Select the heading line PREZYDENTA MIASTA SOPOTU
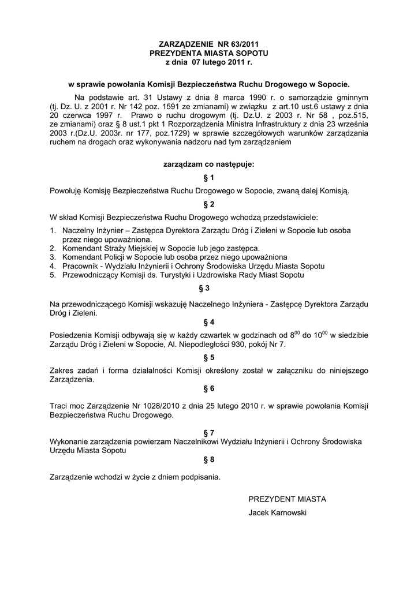(x=209, y=52)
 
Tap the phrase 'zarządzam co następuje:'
(x=209, y=164)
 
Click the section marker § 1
(x=209, y=178)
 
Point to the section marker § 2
(x=209, y=204)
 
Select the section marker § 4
(x=209, y=322)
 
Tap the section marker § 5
(x=209, y=358)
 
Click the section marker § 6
(x=209, y=389)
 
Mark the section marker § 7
(x=209, y=432)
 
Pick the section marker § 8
(x=209, y=459)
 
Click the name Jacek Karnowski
(x=277, y=513)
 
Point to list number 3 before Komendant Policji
(x=53, y=257)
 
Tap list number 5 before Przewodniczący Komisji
(x=53, y=275)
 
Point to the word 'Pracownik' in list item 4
(x=80, y=266)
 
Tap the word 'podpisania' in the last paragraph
(x=202, y=477)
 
